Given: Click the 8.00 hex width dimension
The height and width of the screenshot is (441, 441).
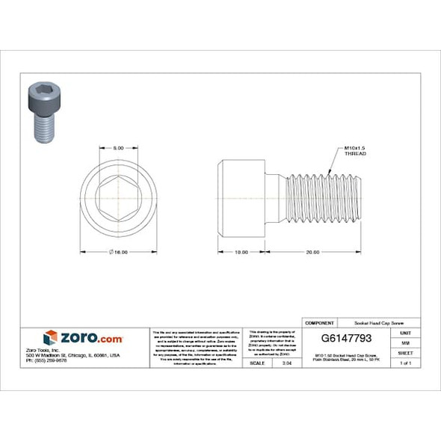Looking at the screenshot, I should tap(118, 148).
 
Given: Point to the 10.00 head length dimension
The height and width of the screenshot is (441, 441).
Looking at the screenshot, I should tap(241, 252).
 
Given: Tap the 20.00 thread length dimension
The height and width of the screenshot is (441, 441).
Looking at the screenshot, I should tap(312, 252).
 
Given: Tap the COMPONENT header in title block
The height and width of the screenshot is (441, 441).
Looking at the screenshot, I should tap(319, 322).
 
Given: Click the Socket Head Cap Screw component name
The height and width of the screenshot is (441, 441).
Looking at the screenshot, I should tap(366, 322).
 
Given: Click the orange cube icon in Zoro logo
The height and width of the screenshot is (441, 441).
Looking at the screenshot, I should tap(51, 337).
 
